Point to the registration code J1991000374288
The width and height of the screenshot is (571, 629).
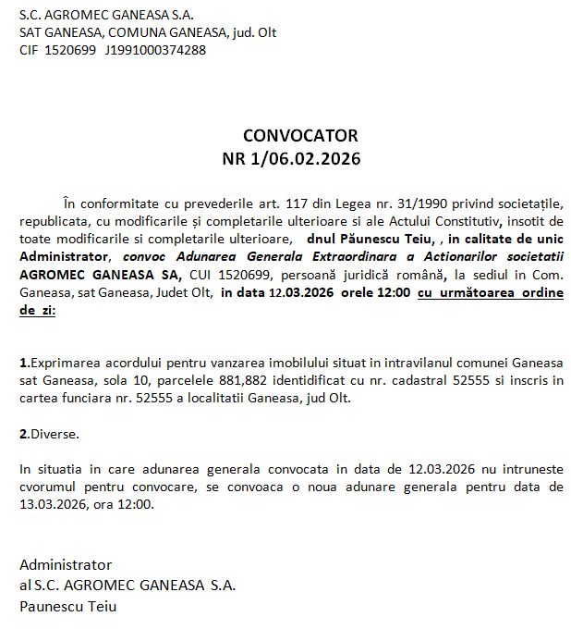point(154,50)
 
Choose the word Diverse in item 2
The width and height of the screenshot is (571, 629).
point(55,432)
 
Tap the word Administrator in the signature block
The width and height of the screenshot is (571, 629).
point(66,564)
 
